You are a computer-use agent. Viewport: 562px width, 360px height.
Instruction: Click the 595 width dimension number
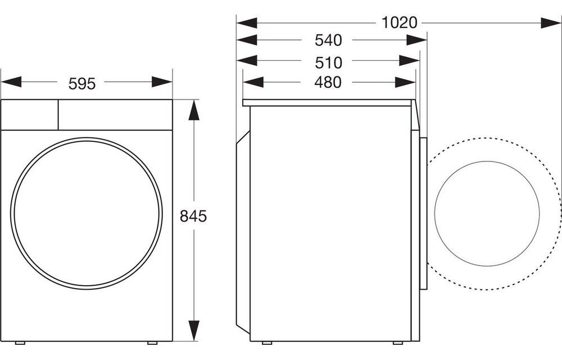[x=82, y=83]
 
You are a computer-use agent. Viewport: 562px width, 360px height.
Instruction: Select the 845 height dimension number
[x=193, y=216]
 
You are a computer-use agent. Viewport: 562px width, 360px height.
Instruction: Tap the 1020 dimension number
[x=399, y=23]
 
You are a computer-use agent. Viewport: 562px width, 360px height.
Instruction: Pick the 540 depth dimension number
[x=328, y=40]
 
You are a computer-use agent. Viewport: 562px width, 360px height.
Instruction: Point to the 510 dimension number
[x=328, y=61]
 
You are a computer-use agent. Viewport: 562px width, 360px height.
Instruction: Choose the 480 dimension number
[x=328, y=82]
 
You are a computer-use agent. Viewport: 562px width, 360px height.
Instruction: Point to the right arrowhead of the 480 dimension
[x=405, y=83]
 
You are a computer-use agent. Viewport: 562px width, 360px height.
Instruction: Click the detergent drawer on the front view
[x=30, y=115]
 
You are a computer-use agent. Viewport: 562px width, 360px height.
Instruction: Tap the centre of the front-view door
[x=87, y=214]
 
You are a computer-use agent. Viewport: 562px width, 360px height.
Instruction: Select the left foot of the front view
[x=20, y=343]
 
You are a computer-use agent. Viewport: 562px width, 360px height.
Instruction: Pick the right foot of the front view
[x=152, y=343]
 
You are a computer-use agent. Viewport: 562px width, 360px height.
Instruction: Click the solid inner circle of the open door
[x=487, y=214]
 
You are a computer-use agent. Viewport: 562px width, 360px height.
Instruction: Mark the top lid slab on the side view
[x=329, y=103]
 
